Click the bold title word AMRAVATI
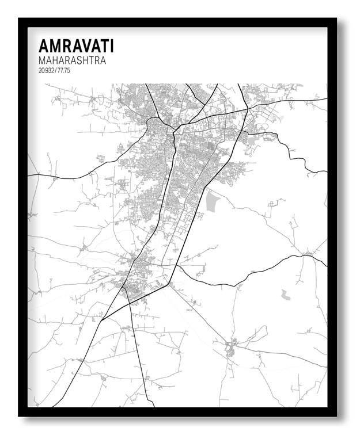click(x=76, y=46)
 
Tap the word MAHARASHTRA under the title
click(x=72, y=60)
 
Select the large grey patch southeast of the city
click(x=214, y=201)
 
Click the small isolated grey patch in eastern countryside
click(x=285, y=295)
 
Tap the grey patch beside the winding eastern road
click(x=253, y=140)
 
